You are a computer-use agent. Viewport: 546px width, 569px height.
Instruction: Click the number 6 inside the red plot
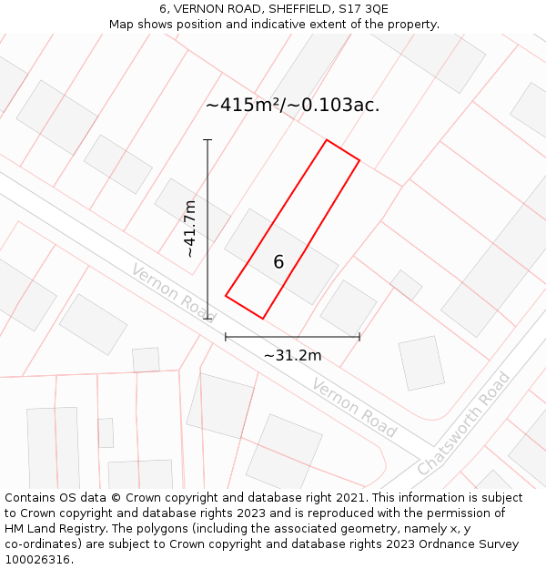point(278,262)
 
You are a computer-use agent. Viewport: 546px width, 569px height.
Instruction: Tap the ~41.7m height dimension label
point(189,229)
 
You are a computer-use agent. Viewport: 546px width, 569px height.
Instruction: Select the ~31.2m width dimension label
point(292,355)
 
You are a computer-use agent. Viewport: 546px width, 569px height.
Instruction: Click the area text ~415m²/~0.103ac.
point(292,105)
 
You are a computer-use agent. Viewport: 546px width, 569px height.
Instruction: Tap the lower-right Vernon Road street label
point(354,407)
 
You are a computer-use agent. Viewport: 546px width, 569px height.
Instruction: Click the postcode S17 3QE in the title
point(364,8)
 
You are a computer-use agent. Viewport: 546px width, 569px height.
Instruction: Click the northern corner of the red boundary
point(327,140)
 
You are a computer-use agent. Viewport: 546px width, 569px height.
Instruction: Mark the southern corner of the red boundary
point(262,319)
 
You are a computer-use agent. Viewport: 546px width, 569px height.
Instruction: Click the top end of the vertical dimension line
point(207,140)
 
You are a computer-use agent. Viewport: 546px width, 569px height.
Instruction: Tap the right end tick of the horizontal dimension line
point(359,337)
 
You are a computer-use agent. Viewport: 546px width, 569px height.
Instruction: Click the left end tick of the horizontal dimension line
point(226,337)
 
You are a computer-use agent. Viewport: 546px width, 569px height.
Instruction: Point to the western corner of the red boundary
point(226,295)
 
